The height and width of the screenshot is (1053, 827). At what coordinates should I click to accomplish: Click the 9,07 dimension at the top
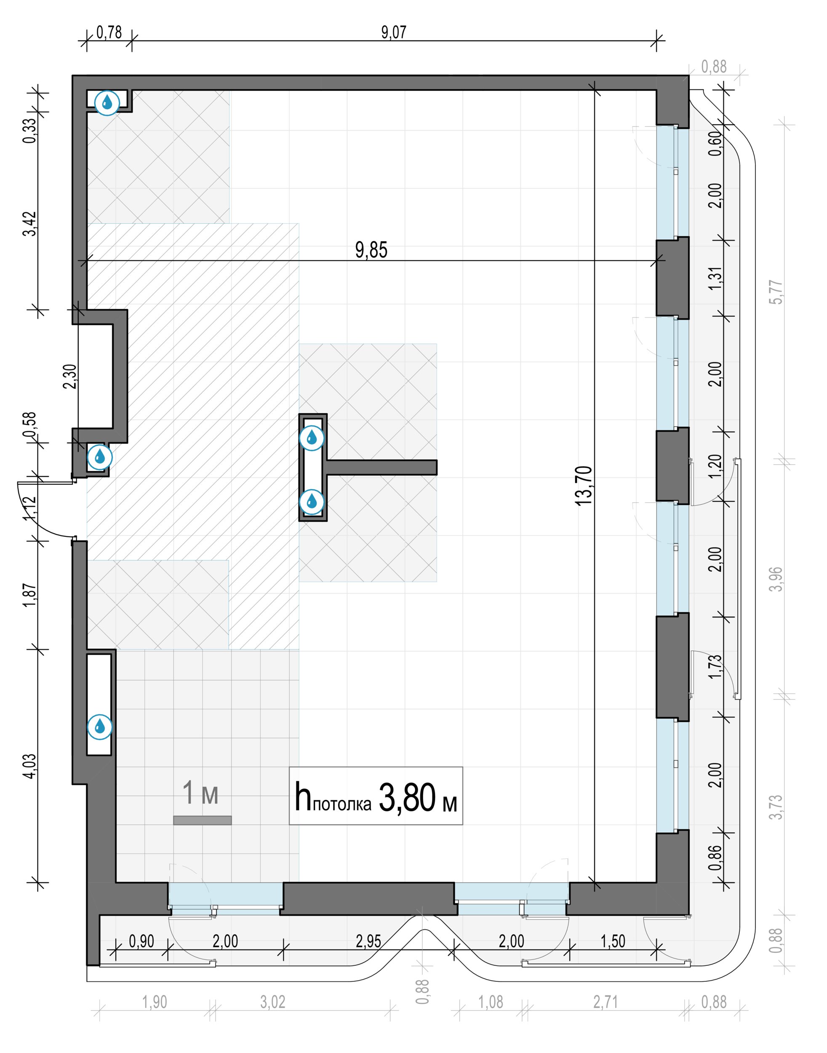394,32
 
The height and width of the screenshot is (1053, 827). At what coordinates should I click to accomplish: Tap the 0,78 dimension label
109,32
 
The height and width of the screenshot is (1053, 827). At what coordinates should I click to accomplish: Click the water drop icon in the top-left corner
107,103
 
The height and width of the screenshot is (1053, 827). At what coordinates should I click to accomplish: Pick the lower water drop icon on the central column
312,502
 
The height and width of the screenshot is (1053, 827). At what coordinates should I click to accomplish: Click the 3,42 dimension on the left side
29,224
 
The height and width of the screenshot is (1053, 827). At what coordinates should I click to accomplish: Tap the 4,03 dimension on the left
29,766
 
